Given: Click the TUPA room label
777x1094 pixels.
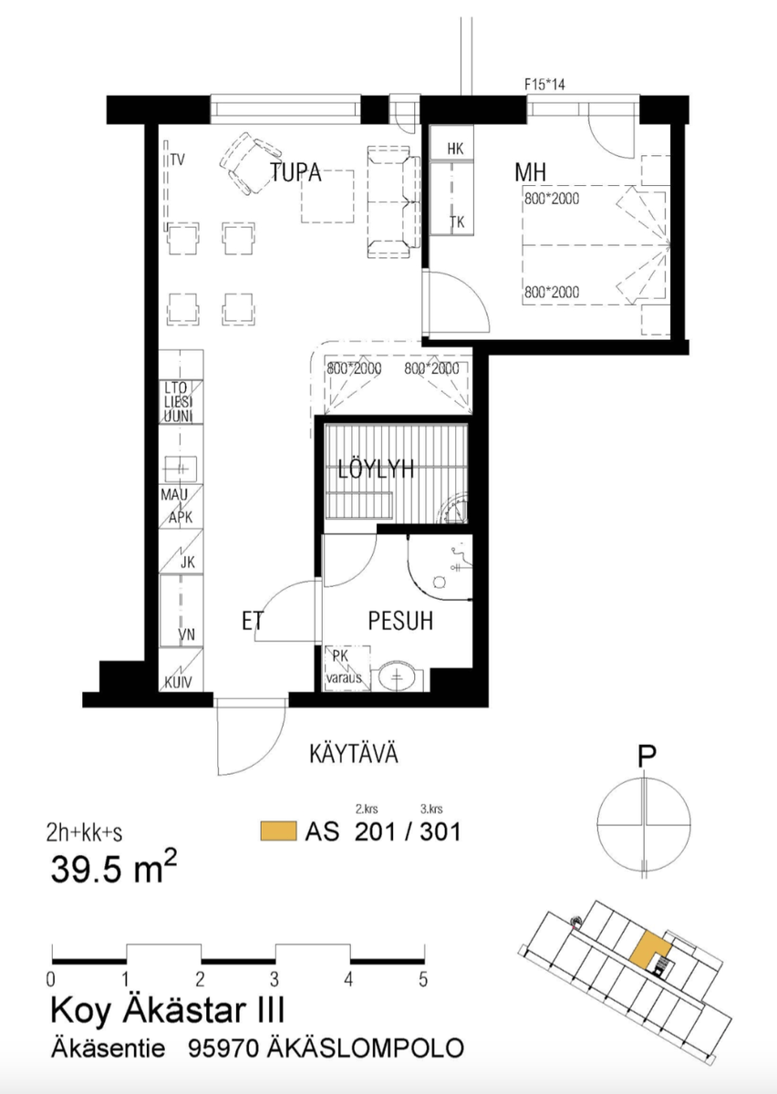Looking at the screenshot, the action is [x=295, y=172].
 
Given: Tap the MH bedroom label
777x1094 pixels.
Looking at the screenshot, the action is [x=530, y=172].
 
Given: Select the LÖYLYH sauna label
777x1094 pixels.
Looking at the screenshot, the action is [x=376, y=470].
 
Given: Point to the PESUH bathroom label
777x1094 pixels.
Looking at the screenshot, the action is [x=400, y=621].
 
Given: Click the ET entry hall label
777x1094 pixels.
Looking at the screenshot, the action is [x=253, y=621].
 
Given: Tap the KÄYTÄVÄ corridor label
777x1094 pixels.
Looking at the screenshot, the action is [x=354, y=754].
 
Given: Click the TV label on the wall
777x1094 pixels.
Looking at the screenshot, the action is [x=178, y=160].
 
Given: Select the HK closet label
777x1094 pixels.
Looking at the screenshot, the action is [x=455, y=149].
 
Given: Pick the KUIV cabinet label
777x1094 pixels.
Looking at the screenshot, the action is [x=178, y=682].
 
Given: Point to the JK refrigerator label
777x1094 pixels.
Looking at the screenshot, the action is [x=188, y=562].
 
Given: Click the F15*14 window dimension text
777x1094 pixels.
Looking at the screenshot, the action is [x=544, y=85].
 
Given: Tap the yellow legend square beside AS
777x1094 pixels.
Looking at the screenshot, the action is [x=278, y=831].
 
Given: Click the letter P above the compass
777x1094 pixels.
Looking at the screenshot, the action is [x=647, y=758].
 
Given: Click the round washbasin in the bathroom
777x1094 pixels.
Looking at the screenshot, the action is [x=397, y=676].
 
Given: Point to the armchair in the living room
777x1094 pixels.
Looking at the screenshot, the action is [x=250, y=163].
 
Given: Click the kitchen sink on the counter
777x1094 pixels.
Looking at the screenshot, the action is [x=181, y=470].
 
